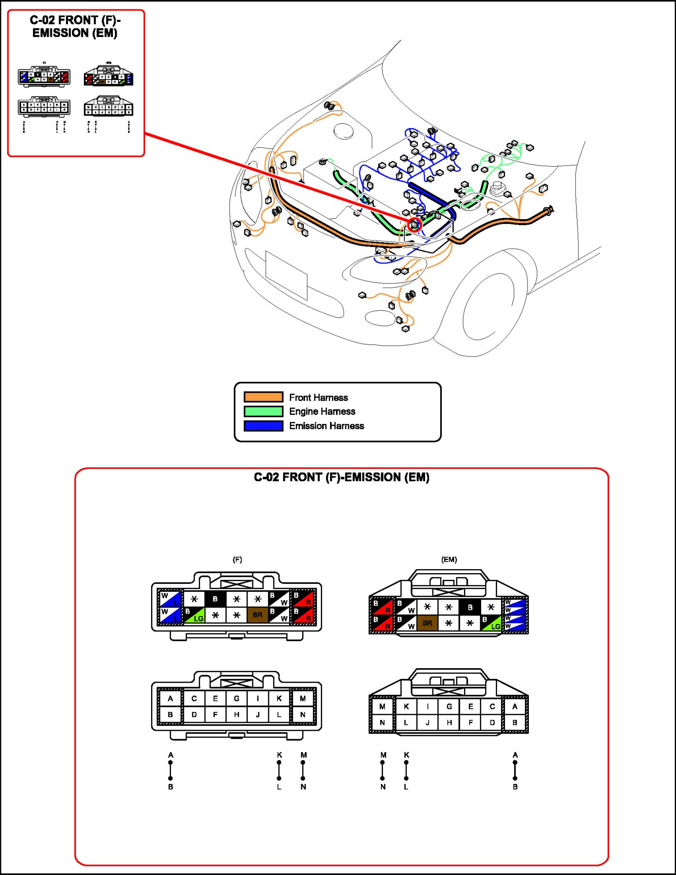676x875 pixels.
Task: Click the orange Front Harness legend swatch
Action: point(263,397)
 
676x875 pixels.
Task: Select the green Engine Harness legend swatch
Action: point(263,411)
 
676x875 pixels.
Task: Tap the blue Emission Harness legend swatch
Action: point(263,426)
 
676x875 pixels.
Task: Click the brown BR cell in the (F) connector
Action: point(258,615)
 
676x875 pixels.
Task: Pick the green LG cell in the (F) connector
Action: point(194,615)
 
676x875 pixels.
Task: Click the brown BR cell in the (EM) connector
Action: point(427,623)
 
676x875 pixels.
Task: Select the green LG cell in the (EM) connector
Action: point(491,623)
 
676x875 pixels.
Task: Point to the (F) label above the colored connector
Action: point(237,559)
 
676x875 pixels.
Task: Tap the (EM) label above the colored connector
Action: point(449,559)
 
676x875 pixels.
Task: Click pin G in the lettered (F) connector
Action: point(236,699)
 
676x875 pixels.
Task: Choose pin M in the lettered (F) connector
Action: point(303,699)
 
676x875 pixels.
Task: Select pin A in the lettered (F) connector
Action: point(171,699)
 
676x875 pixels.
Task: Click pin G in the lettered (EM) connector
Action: point(449,707)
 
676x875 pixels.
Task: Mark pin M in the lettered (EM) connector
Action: point(382,707)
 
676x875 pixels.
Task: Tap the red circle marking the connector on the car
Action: point(414,224)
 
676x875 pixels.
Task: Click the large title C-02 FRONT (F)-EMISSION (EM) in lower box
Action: point(342,478)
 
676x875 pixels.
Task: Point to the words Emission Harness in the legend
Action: point(327,426)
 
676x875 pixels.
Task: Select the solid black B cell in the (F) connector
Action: point(215,599)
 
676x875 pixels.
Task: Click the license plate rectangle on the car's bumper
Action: point(286,274)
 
